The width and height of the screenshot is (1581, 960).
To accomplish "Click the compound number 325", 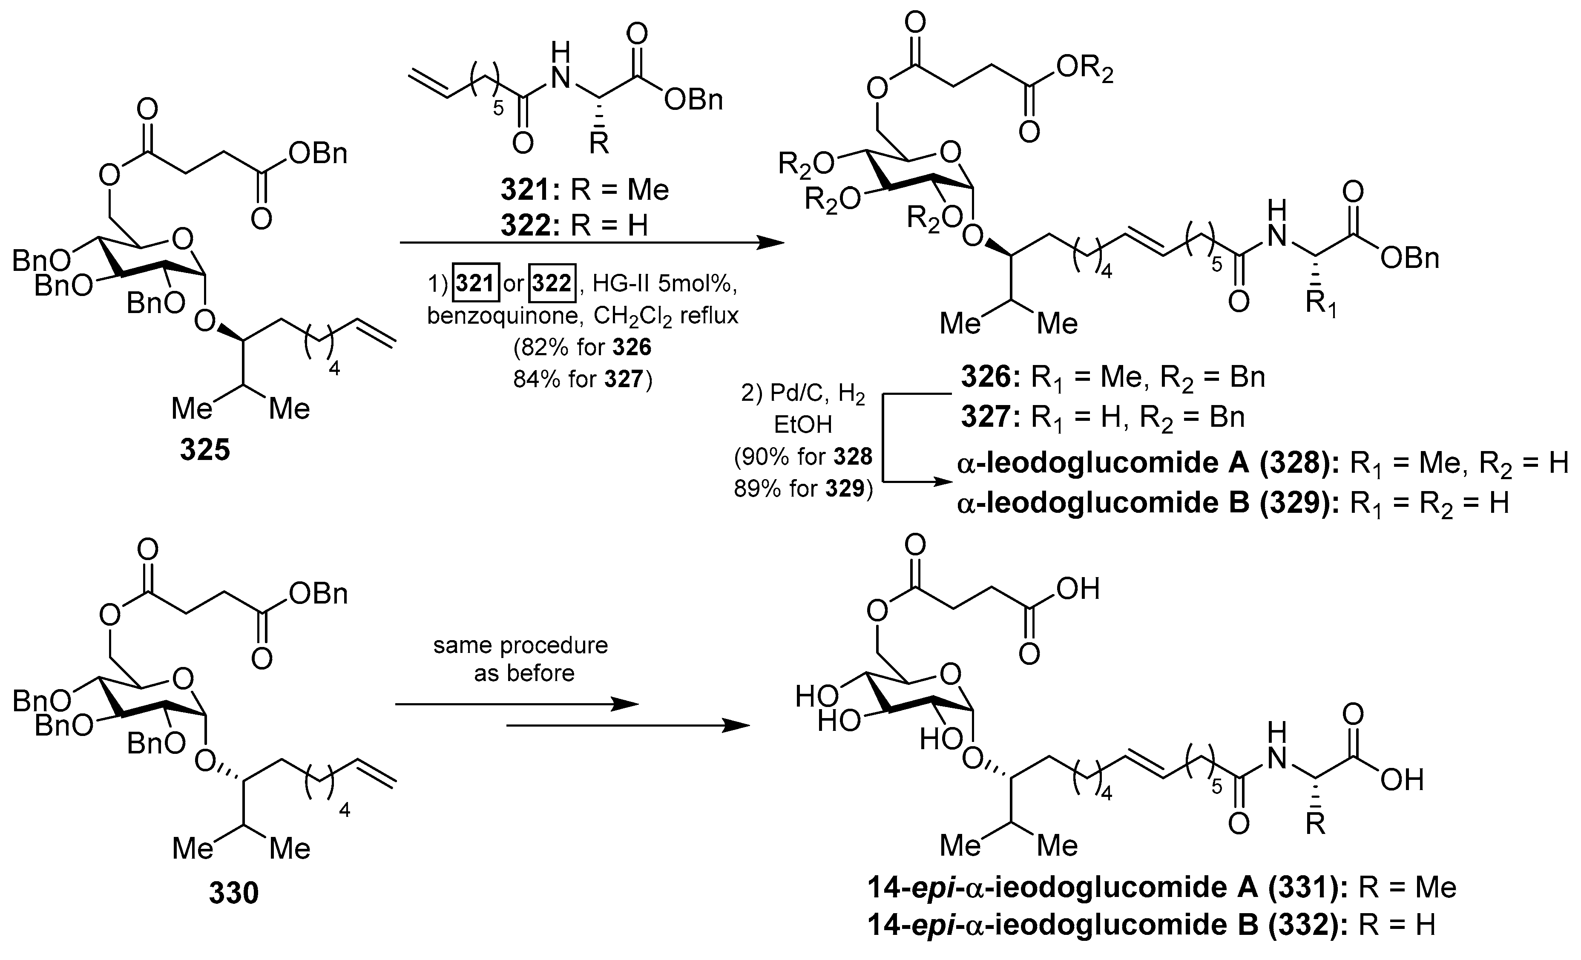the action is pos(205,451).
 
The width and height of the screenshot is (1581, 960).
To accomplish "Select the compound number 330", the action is pos(233,893).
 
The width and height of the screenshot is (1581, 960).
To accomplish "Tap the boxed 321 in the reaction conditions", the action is pos(475,283).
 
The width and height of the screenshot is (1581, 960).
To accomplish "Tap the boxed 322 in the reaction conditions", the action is pos(552,283).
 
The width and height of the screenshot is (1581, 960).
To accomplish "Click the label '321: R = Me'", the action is pos(584,190).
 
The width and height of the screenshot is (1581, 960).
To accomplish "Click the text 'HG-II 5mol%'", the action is pos(661,283).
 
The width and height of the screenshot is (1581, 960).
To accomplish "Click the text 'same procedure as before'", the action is pos(520,659).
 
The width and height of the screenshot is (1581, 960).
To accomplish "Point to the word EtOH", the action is pos(803,424).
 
